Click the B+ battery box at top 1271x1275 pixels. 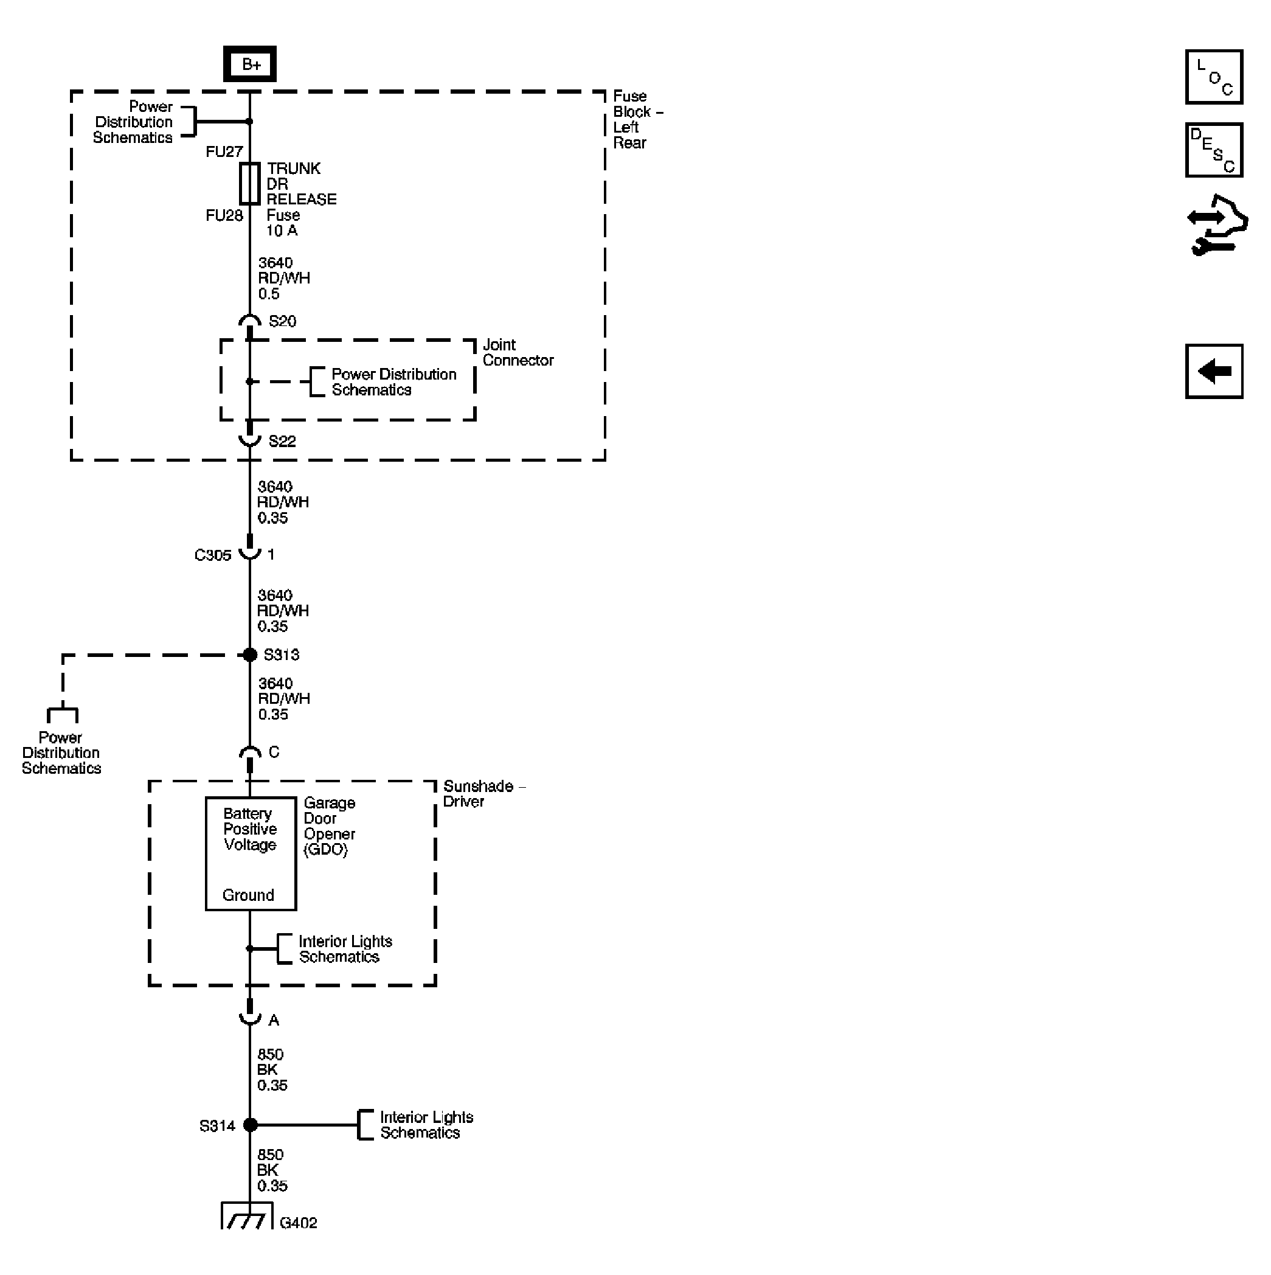coord(249,64)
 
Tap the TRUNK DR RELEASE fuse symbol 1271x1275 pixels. coord(249,184)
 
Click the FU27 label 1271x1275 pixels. coord(224,152)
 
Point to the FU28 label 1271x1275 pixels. coord(224,216)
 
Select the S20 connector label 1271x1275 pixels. coord(282,321)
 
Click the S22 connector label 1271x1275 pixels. coord(282,442)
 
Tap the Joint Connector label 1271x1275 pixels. coord(518,353)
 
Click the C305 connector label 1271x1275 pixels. coord(212,555)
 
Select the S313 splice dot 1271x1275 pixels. coord(250,655)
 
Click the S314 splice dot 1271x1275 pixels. coord(250,1125)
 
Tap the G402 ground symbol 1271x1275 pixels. coord(247,1218)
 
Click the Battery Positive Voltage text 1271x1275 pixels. coord(249,830)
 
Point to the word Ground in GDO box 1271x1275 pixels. coord(248,895)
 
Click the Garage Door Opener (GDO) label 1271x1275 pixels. coord(328,826)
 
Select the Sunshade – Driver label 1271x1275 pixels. coord(483,794)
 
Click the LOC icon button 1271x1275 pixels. coord(1214,77)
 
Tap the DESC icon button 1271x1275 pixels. coord(1214,150)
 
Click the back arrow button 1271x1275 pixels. coord(1214,372)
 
